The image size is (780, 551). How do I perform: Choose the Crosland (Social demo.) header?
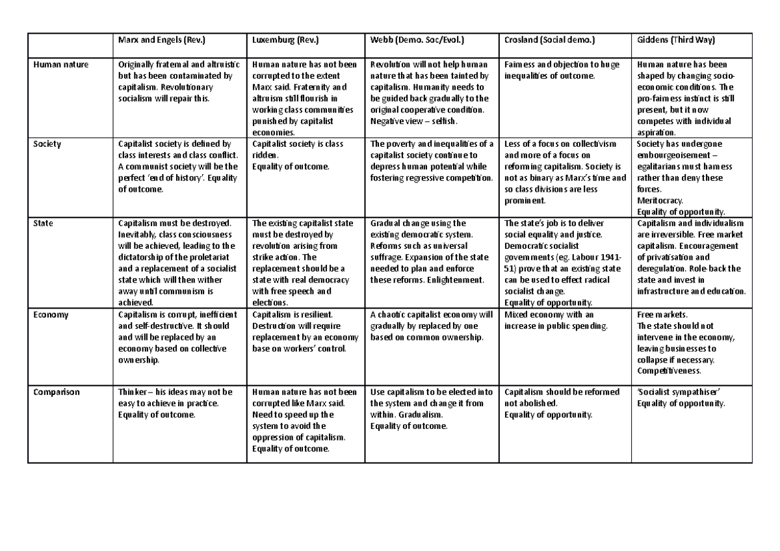[x=549, y=40]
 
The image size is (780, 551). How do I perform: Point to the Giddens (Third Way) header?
[x=676, y=40]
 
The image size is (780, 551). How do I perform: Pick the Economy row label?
[x=50, y=315]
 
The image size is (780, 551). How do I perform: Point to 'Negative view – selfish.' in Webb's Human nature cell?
[x=414, y=121]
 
